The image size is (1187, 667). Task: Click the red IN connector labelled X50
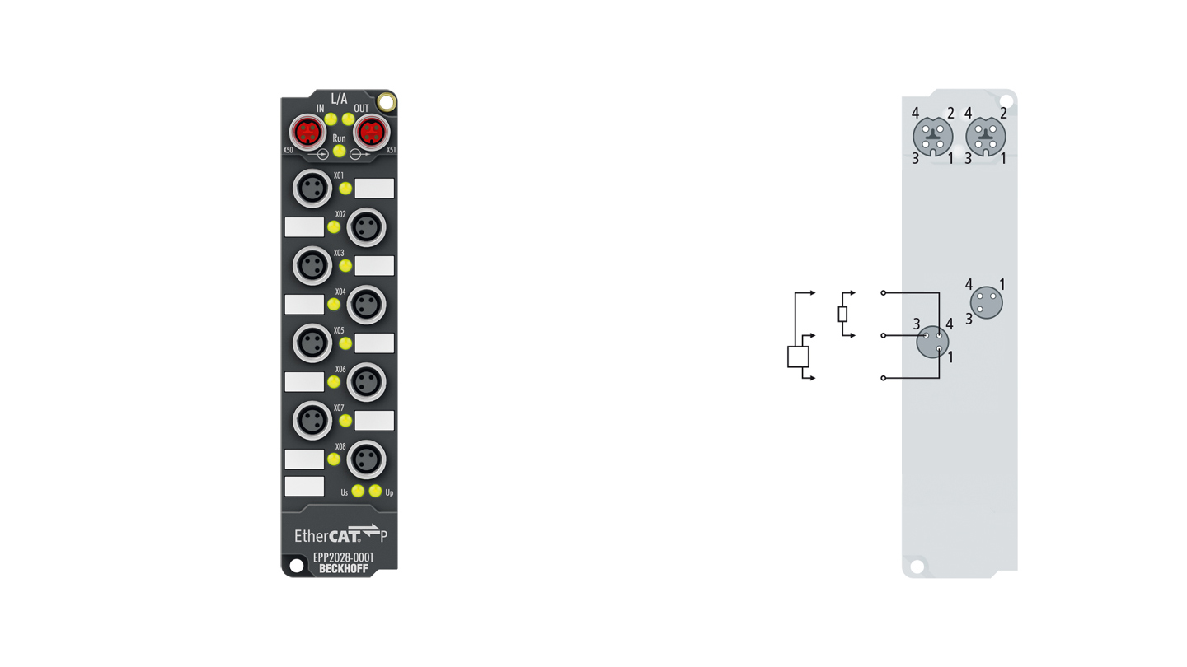307,133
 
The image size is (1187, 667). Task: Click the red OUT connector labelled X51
372,133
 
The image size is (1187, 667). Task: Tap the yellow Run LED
339,152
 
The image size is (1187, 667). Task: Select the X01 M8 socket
312,188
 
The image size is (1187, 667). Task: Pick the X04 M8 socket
366,305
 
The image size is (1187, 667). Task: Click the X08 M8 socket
366,459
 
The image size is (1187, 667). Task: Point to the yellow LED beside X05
345,343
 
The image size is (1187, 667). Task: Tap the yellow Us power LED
358,491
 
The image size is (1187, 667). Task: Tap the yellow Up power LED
375,491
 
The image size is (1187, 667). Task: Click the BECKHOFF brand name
344,569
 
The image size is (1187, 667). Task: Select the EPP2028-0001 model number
344,557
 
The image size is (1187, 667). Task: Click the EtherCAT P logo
341,534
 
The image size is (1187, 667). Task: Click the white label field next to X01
374,188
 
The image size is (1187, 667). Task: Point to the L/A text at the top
339,99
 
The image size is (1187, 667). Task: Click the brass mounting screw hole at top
387,102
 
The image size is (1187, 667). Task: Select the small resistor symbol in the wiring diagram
842,315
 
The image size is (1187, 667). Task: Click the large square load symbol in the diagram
798,357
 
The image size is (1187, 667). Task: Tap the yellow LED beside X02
333,227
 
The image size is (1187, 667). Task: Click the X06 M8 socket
366,382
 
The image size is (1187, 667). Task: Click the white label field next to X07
374,420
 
